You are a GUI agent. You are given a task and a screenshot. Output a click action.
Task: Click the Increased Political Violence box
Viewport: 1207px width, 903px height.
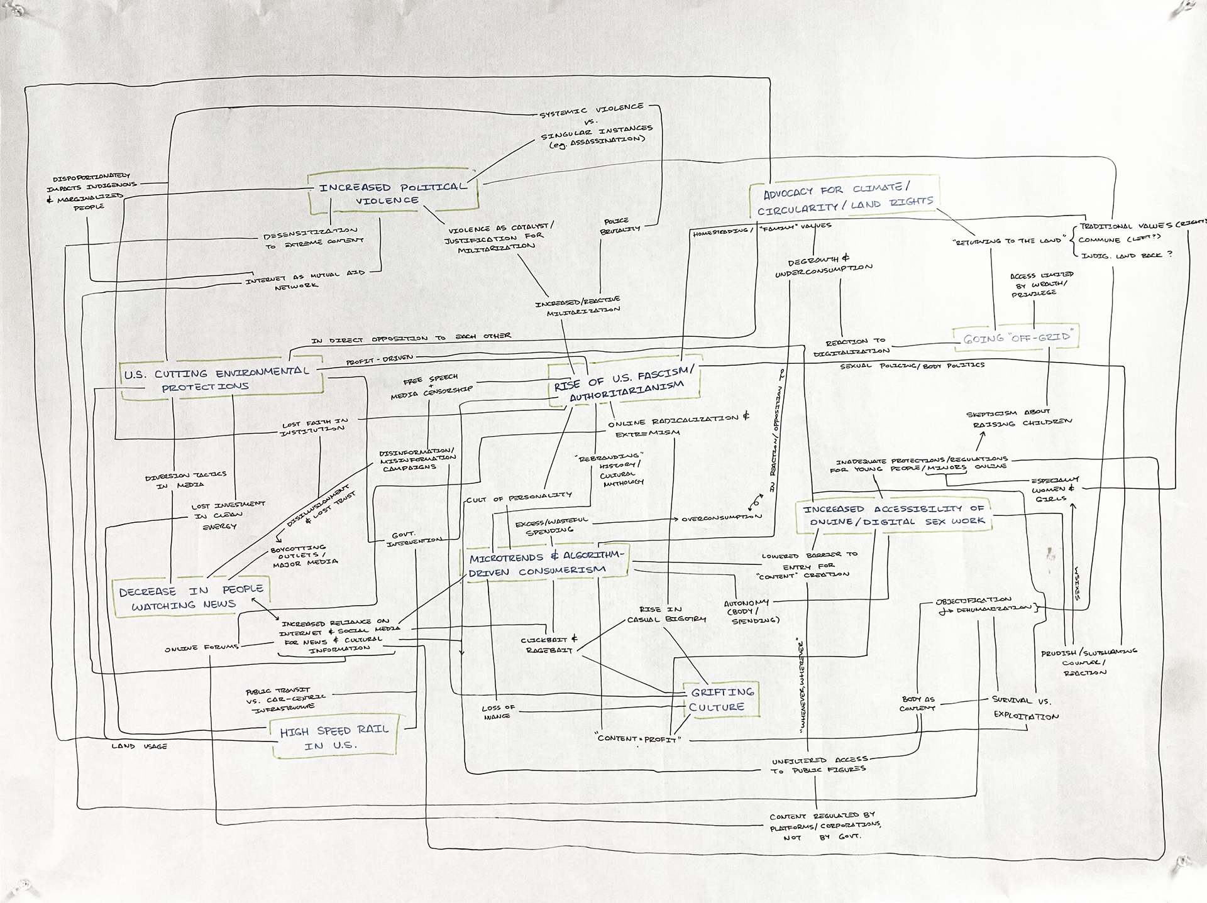[393, 193]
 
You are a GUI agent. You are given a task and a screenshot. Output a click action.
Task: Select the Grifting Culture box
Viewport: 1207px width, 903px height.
[722, 699]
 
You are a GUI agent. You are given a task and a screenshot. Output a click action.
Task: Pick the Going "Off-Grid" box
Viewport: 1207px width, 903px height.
[1016, 337]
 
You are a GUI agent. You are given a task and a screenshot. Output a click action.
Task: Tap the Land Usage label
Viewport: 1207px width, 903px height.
[139, 746]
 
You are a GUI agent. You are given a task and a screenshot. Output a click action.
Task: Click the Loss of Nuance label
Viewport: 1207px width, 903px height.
[498, 711]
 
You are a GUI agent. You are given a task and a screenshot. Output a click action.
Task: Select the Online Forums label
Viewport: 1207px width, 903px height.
[201, 648]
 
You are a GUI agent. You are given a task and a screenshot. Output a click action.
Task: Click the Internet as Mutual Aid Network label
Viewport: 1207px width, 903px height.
[304, 279]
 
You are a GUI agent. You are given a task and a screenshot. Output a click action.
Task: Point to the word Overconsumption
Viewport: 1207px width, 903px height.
[721, 518]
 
